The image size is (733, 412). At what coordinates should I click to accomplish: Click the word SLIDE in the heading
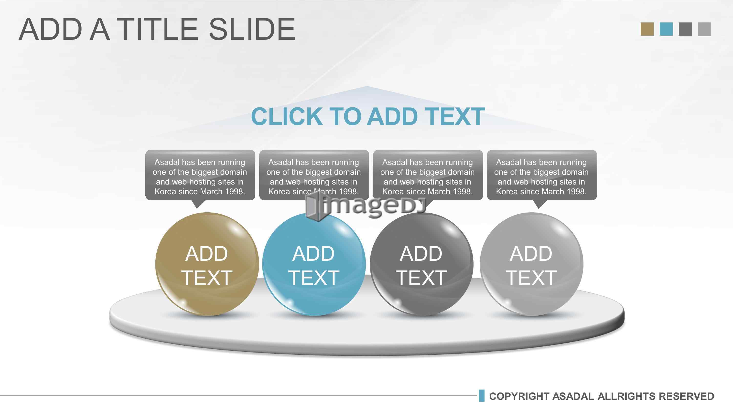click(x=252, y=29)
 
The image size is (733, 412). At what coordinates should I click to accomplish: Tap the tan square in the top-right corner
click(x=647, y=29)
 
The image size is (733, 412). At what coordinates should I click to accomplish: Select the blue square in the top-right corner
click(x=666, y=29)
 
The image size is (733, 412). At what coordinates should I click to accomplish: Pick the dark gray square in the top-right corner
click(x=685, y=29)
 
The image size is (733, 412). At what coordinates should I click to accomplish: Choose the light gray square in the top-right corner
click(x=704, y=29)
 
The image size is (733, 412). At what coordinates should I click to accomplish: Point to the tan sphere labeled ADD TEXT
click(x=207, y=264)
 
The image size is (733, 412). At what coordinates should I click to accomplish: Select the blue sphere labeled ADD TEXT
click(x=314, y=264)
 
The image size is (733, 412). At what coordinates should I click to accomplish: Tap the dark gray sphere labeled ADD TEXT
click(x=421, y=264)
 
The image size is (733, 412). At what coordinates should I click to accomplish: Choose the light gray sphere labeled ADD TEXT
click(x=531, y=264)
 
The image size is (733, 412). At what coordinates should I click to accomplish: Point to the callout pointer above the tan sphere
click(x=197, y=204)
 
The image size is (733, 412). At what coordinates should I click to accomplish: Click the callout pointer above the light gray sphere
click(x=538, y=204)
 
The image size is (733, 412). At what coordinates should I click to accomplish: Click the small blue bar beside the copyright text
click(x=481, y=396)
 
